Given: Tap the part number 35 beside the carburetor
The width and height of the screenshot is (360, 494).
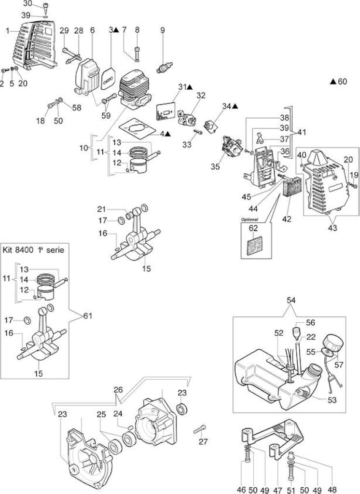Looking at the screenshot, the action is point(215,166).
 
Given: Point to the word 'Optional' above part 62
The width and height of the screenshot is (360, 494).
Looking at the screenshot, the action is point(249,220).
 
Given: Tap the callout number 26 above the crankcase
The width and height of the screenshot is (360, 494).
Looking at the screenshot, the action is point(118,390).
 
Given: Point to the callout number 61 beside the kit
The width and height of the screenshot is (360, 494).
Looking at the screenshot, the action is point(88,316).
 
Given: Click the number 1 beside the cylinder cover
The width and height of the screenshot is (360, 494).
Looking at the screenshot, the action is point(8,30).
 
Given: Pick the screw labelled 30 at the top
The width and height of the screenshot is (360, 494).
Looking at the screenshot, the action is point(46,6).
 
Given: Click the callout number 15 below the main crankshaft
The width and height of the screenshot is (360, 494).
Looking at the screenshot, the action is point(146,268).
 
